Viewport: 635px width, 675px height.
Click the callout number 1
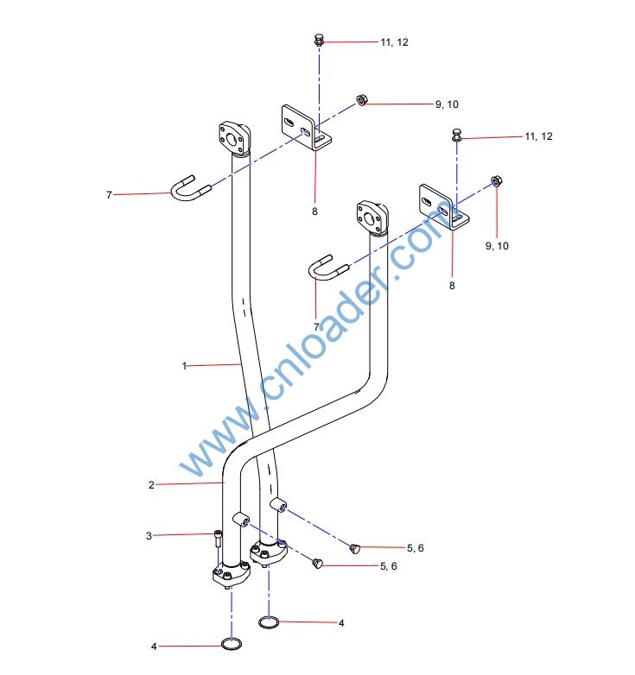(184, 366)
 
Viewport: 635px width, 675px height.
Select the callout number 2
(151, 485)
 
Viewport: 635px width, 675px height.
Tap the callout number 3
(149, 536)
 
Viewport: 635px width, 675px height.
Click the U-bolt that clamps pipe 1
(188, 189)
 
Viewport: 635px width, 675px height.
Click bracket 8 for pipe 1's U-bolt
(307, 128)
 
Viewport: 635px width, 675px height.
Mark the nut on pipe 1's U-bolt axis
(363, 101)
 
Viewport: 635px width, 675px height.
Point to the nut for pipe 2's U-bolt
(496, 181)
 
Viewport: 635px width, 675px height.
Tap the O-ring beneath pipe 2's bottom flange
(231, 644)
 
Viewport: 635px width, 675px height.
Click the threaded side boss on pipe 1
(279, 504)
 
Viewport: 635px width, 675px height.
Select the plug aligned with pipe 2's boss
(316, 565)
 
